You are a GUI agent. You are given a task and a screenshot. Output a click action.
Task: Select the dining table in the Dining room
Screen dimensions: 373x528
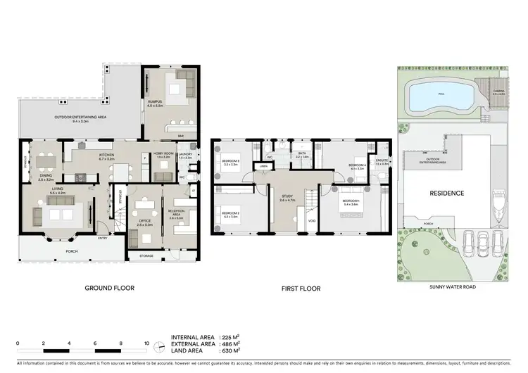click(46, 161)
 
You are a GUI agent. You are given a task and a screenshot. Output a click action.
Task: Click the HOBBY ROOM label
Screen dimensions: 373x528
click(163, 154)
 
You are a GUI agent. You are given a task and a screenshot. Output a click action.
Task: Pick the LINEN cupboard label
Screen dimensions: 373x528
click(263, 167)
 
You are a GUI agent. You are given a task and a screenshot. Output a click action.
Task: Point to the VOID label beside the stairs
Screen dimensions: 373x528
click(312, 221)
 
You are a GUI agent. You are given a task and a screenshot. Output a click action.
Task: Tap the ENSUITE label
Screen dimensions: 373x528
click(382, 161)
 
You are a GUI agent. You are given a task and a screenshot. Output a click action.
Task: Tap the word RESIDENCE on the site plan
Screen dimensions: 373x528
click(446, 192)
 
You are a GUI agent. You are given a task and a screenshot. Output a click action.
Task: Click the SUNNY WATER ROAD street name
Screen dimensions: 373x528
click(450, 288)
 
